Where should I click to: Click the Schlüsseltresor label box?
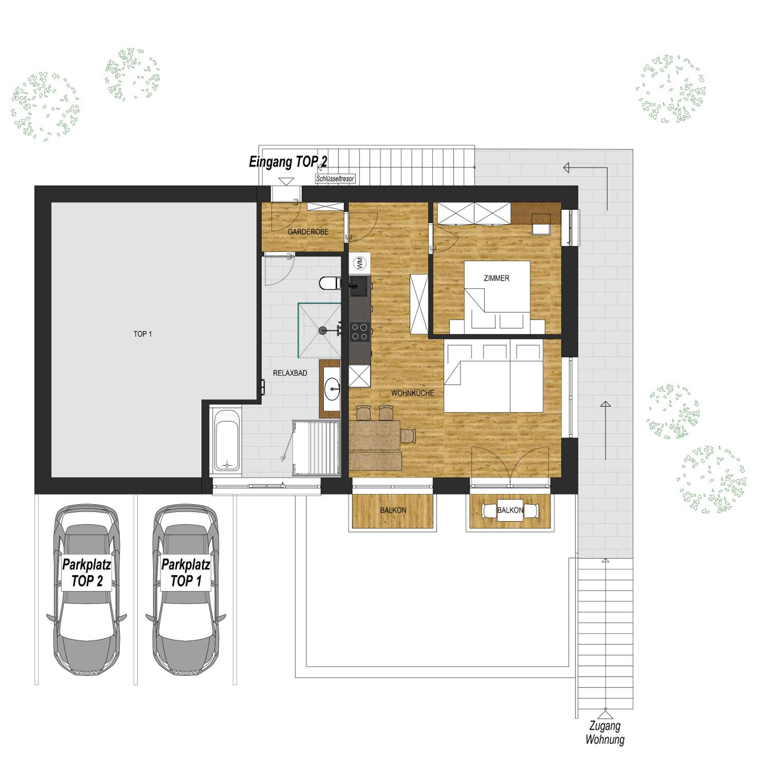pos(335,179)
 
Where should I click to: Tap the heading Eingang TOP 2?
pos(288,162)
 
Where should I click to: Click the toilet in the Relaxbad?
pos(330,283)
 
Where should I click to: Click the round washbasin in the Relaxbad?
pos(332,389)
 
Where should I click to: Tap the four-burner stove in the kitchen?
pos(360,332)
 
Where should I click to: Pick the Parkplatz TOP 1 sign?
pos(186,573)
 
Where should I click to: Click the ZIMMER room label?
pos(497,278)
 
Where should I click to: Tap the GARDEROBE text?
pos(308,232)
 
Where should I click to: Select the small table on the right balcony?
pos(510,511)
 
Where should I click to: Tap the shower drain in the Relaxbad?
pos(322,331)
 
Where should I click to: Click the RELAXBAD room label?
pos(290,373)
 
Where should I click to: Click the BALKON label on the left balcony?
pos(393,510)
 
